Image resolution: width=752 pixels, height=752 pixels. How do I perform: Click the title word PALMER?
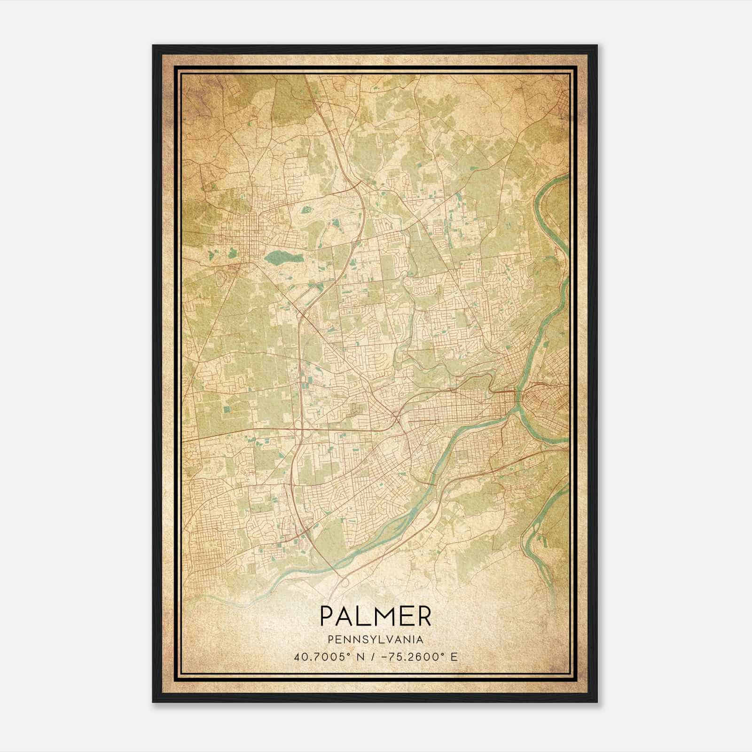375,616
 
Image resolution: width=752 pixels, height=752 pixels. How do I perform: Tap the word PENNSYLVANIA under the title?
375,639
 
